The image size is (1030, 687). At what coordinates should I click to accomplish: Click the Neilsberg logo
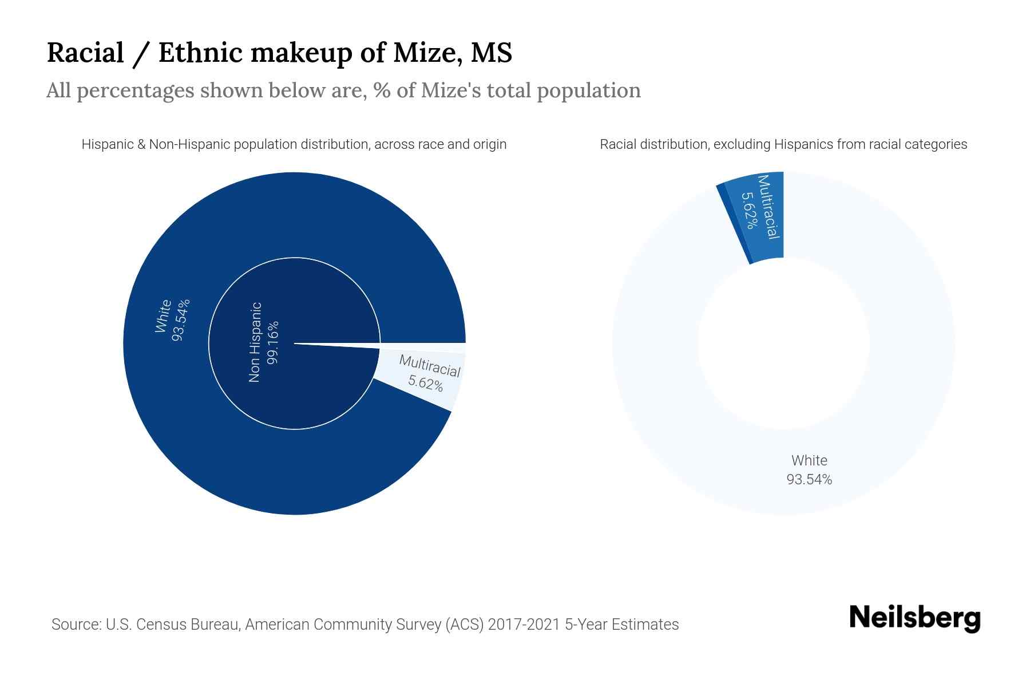914,618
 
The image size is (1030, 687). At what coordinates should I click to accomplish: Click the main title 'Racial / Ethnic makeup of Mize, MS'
279,53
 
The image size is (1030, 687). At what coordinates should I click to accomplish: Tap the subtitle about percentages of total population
343,90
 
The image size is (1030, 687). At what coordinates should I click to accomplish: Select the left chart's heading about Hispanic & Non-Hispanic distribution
294,144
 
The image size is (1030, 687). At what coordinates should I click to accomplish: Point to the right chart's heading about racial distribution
783,144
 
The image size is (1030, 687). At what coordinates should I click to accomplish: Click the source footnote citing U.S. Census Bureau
365,624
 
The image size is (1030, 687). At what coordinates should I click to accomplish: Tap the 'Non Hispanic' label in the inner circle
255,342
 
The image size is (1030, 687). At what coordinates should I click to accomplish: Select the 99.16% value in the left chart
273,342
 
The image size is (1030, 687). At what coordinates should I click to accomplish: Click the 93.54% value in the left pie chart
180,319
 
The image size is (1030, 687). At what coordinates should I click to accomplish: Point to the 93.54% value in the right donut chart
809,480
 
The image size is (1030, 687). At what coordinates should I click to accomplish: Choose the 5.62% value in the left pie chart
426,383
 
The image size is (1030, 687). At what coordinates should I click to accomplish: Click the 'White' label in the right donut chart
809,460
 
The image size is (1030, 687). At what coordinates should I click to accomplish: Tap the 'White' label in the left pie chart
163,316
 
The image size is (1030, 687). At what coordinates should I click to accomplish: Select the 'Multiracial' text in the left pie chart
430,366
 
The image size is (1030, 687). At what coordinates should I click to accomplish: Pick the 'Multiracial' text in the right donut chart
768,207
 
